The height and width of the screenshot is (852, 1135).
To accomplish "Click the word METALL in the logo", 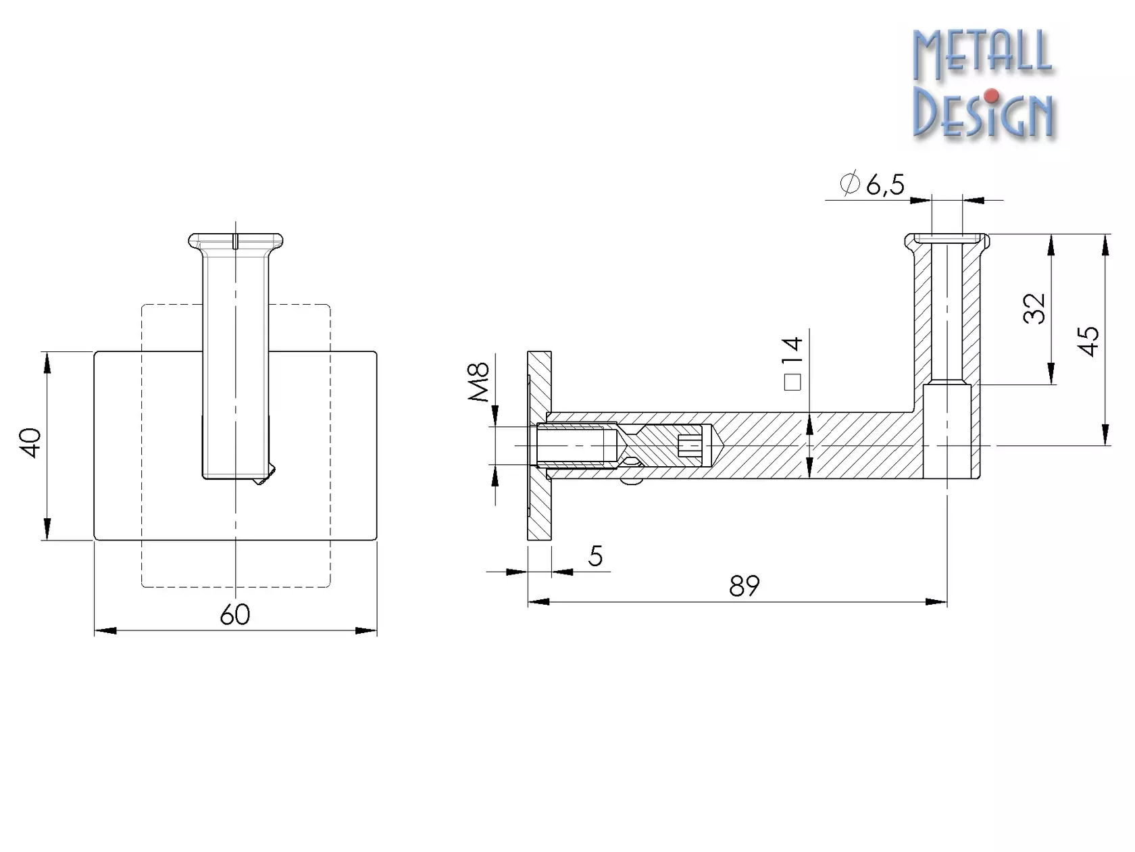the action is (982, 54).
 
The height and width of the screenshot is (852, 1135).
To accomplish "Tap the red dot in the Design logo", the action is (990, 96).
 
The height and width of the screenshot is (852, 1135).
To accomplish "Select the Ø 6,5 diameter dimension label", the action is (873, 184).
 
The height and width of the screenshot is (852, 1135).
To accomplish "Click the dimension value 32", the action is (1034, 309).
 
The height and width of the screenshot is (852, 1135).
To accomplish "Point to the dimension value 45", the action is (1088, 341).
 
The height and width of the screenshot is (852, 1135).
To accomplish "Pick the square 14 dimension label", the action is (792, 363).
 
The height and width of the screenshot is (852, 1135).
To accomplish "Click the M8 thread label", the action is (478, 382).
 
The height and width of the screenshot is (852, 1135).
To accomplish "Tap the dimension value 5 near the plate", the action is (596, 556).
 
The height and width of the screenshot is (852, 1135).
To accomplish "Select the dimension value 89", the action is (744, 586).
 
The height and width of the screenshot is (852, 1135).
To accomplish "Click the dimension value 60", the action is (234, 614).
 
